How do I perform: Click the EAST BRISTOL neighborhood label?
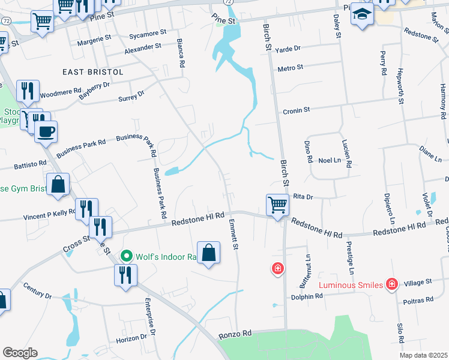pos(93,72)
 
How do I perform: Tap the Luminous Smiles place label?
pos(351,284)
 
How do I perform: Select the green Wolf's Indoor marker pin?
pos(126,256)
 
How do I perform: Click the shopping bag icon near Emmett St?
pos(208,252)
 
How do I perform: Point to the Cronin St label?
pos(296,110)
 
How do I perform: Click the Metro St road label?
pos(290,68)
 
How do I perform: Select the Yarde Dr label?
pos(287,49)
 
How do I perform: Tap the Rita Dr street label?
pos(304,197)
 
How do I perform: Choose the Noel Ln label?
pos(329,160)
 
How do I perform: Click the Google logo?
pos(20,353)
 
